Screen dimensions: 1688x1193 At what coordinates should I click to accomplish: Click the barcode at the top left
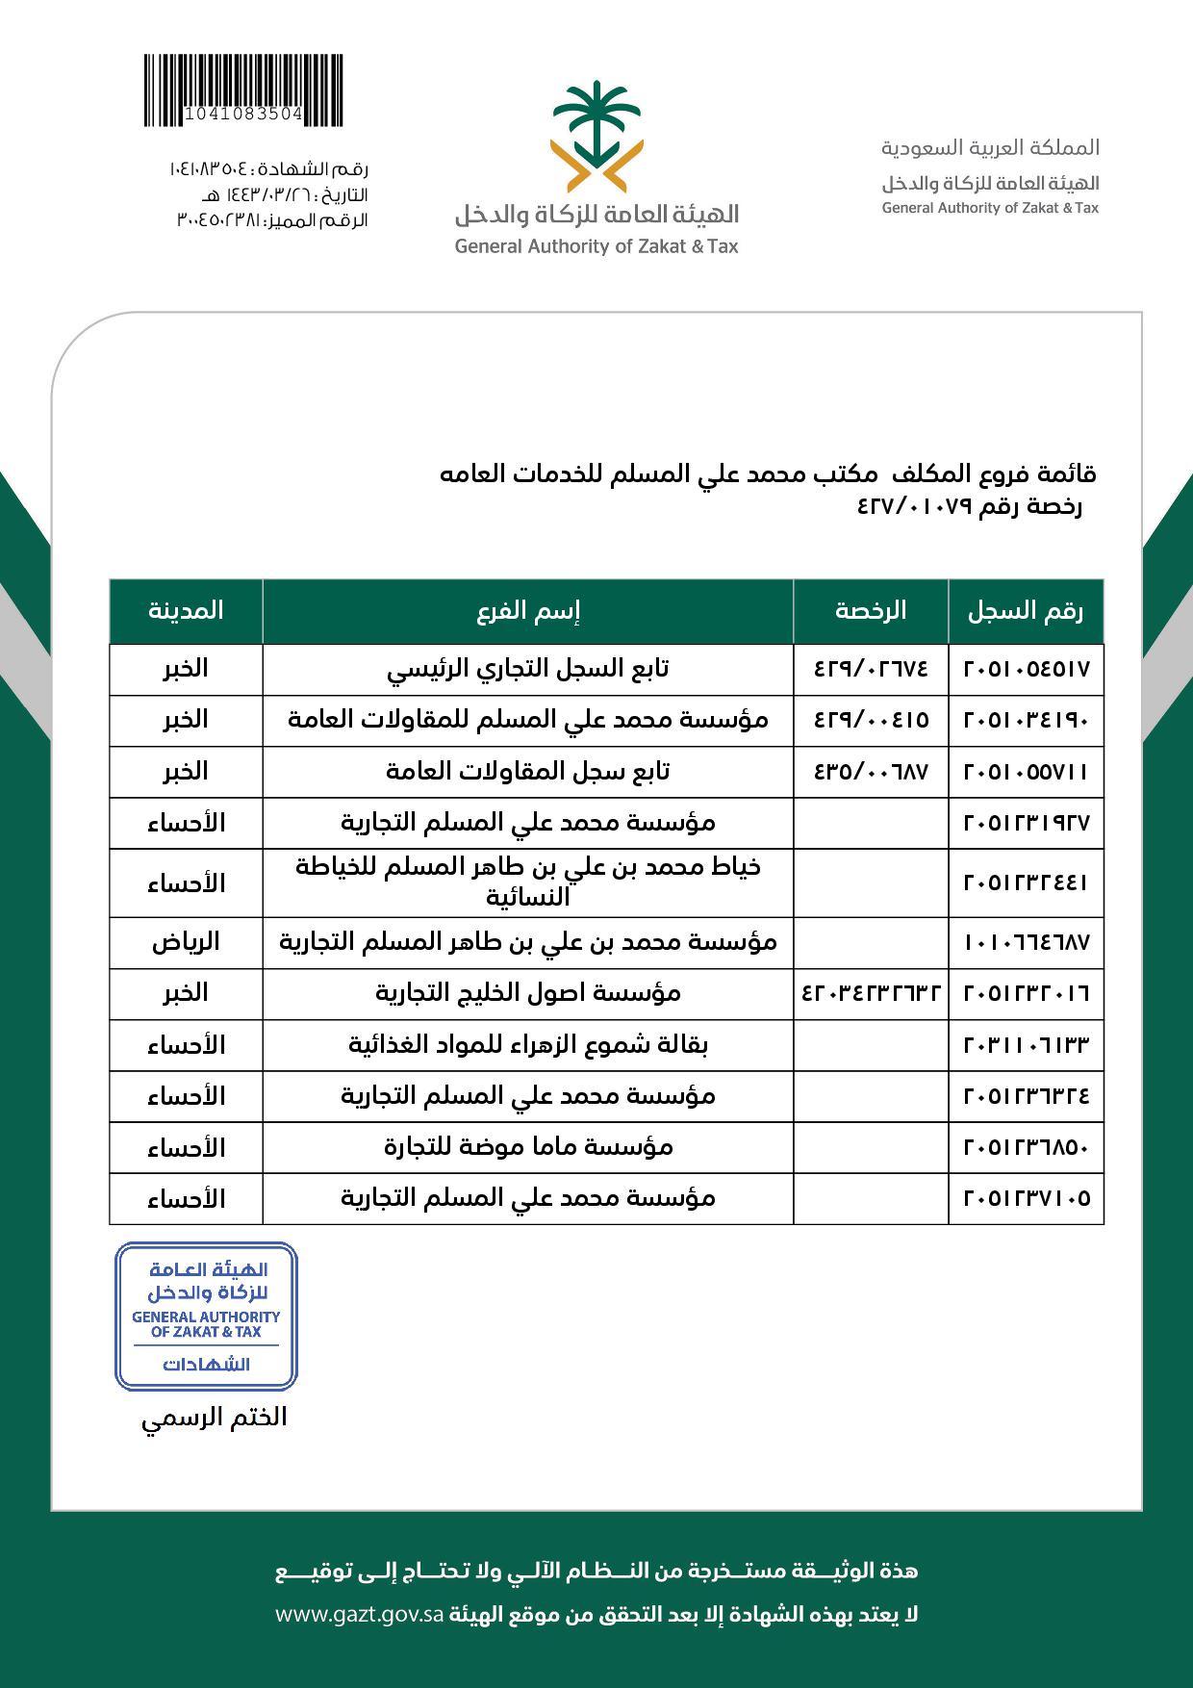point(242,90)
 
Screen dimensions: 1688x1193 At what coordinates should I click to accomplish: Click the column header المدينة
point(186,611)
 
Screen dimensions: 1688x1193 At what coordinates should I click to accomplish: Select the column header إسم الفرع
point(528,611)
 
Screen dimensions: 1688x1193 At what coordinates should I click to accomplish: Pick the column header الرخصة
point(871,611)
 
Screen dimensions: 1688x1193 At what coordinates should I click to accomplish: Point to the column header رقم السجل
point(1026,611)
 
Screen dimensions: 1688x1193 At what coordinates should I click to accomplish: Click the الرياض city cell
point(186,942)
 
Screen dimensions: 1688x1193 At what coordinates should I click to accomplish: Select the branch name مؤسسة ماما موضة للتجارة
point(528,1147)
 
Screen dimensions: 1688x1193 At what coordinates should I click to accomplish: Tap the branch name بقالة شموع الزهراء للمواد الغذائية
point(528,1045)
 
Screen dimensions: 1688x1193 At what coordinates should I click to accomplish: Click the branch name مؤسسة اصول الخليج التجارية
point(528,993)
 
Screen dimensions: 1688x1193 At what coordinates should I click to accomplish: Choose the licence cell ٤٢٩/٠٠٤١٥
point(871,720)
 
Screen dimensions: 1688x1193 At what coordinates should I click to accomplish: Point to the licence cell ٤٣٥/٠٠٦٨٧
point(871,771)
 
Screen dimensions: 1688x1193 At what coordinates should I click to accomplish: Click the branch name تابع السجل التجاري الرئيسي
point(528,669)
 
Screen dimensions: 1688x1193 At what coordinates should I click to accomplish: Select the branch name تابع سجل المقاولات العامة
point(528,771)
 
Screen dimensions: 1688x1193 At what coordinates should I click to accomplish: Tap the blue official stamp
point(206,1316)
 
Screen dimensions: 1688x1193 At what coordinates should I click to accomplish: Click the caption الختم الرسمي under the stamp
point(215,1419)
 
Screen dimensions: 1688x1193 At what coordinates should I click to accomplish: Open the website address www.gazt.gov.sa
point(359,1614)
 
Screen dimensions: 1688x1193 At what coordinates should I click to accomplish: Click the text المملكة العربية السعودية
point(990,148)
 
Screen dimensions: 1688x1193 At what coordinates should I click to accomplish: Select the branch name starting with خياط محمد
point(528,882)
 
